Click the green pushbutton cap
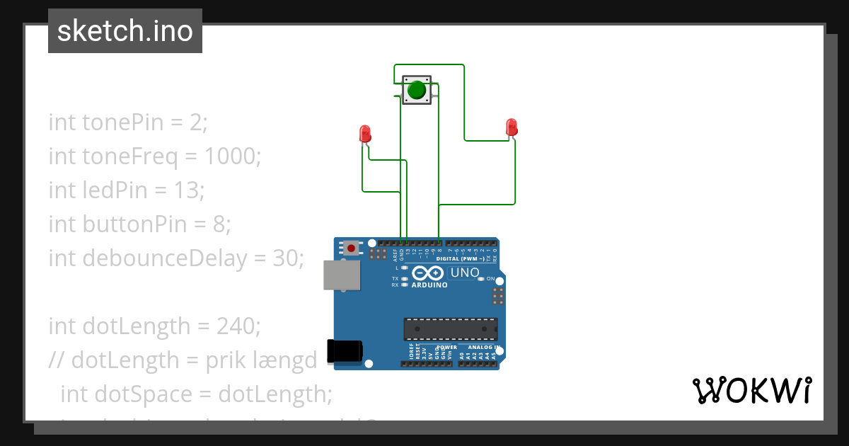click(417, 90)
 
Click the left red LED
click(365, 133)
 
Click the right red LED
click(512, 127)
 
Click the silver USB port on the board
click(342, 275)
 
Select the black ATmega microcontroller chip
click(451, 329)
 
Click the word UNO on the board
click(465, 273)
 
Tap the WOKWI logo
click(751, 390)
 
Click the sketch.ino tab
click(125, 31)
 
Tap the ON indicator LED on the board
click(481, 279)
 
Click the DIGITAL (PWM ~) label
click(461, 259)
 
